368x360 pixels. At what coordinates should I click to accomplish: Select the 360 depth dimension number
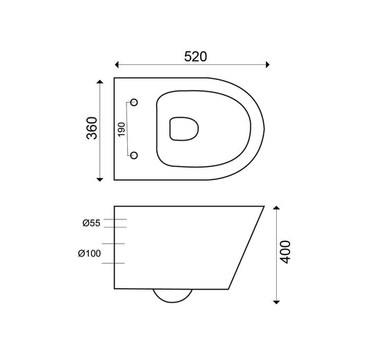click(93, 128)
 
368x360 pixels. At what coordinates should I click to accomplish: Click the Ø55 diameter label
click(91, 223)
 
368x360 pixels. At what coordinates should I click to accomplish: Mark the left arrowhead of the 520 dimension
click(118, 66)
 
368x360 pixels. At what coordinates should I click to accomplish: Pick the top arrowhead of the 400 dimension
click(276, 207)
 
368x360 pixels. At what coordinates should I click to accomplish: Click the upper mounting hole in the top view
click(135, 102)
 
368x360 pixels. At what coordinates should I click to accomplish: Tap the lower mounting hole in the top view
click(135, 154)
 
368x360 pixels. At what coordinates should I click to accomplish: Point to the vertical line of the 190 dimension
click(128, 128)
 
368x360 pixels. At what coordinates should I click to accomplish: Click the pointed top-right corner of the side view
click(264, 206)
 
